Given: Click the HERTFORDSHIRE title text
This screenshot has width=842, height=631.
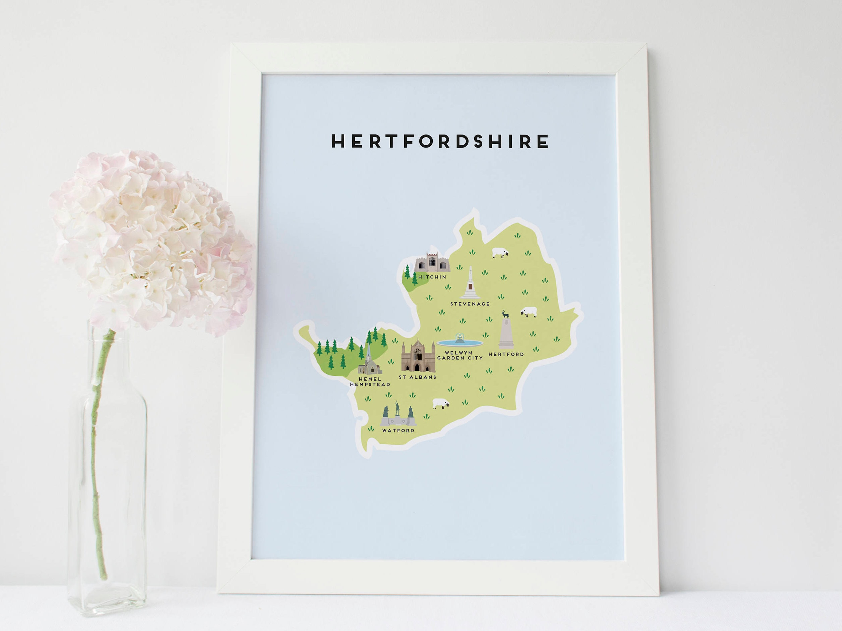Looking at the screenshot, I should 440,141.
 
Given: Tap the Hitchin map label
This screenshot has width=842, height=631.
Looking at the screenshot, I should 432,277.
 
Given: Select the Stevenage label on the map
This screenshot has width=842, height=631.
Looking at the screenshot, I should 470,304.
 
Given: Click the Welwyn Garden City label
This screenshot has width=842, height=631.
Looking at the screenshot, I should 460,355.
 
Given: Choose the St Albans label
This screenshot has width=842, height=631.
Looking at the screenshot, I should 418,377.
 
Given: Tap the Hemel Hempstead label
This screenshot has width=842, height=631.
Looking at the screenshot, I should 370,381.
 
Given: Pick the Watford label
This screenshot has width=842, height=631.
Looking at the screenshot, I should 398,431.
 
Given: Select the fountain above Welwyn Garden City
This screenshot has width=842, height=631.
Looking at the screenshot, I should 460,340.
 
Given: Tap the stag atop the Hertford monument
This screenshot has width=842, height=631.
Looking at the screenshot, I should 505,314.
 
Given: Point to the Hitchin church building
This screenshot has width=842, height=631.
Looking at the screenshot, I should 432,262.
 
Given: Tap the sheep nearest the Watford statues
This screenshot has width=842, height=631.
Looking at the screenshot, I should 441,403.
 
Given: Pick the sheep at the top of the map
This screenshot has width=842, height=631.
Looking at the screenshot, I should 500,253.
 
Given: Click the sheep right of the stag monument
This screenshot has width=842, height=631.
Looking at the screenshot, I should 529,312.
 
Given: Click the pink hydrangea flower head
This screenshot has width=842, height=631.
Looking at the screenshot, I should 152,240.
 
